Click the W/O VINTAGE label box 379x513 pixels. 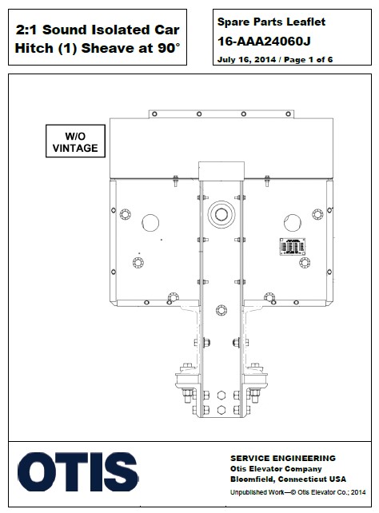tap(75, 141)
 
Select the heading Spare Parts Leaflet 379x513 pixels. tap(268, 26)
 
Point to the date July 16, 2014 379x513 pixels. tap(245, 59)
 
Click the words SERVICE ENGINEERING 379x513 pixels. tap(277, 458)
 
